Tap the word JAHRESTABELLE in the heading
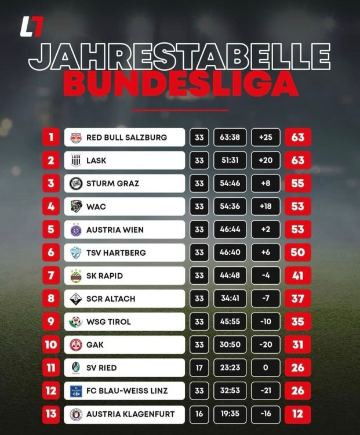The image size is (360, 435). point(180,56)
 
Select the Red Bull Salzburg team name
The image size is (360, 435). point(126,137)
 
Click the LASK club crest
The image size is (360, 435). point(75,160)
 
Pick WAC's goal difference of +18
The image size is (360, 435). point(266,206)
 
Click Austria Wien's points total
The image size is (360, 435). point(298,230)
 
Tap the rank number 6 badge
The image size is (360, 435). point(51,252)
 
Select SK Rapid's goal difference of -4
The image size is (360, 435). point(266,275)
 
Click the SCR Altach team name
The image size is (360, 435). point(111,299)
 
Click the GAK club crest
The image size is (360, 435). point(75,345)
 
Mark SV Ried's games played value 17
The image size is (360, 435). point(199,368)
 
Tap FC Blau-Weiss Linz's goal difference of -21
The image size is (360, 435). point(266,391)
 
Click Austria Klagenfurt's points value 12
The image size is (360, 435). point(298,414)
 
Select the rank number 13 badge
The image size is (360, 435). point(51,414)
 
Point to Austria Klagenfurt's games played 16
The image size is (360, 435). point(199,414)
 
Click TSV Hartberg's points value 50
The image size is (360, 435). point(298,252)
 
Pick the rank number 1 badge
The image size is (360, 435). point(51,137)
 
